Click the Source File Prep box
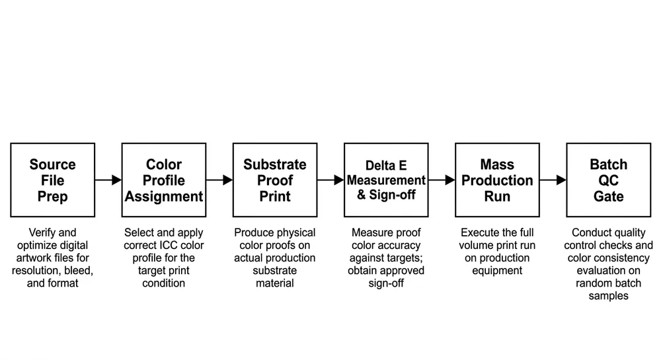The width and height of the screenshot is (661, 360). (52, 180)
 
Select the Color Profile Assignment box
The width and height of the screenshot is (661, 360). (164, 180)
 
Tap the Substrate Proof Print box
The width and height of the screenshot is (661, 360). (275, 180)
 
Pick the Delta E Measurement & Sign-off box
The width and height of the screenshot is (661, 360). (386, 180)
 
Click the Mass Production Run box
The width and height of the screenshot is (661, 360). (497, 180)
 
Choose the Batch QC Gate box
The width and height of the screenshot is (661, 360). (608, 180)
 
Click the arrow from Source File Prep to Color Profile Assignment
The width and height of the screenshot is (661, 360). (108, 180)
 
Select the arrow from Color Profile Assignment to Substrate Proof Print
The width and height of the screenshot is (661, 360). (219, 180)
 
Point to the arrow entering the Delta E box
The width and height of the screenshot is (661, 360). (330, 180)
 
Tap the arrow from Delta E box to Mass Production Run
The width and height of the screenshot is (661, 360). (442, 180)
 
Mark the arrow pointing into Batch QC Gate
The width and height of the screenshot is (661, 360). (553, 180)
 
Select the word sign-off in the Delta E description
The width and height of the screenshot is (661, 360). (386, 283)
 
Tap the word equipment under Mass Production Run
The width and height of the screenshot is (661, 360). (497, 270)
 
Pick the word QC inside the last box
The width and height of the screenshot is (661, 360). (608, 180)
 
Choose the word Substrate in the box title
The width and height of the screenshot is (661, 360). (275, 164)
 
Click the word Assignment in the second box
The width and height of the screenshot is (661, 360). (164, 196)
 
